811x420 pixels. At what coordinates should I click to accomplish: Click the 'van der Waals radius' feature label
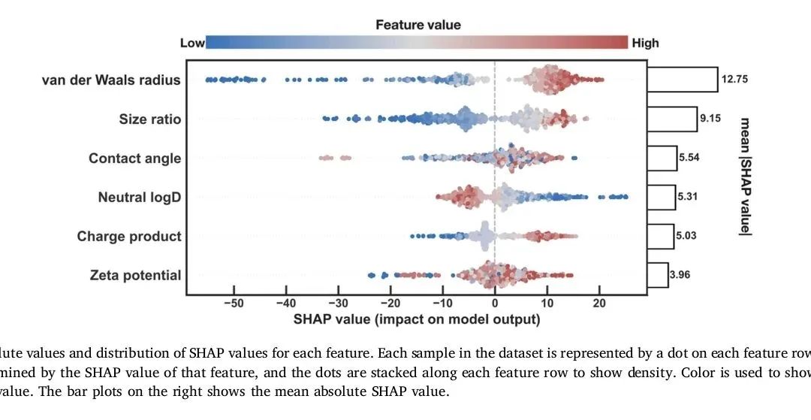(x=111, y=80)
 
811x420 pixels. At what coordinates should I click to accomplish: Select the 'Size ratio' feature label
(x=149, y=119)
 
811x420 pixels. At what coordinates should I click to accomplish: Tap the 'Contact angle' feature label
(x=134, y=158)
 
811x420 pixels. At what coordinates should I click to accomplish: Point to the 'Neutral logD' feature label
(x=139, y=197)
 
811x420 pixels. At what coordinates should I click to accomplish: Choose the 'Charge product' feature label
(x=129, y=236)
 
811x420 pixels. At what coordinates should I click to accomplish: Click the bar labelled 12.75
(x=683, y=79)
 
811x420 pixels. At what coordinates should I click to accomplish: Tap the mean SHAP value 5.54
(x=688, y=158)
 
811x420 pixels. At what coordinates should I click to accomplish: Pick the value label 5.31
(x=688, y=197)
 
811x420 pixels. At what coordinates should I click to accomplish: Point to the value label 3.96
(x=679, y=275)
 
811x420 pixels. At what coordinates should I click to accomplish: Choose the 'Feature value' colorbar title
(x=418, y=25)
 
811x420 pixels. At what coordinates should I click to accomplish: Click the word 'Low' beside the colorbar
(x=192, y=43)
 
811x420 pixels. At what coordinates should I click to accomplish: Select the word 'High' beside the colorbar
(x=645, y=43)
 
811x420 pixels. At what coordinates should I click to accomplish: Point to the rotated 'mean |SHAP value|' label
(x=746, y=177)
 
